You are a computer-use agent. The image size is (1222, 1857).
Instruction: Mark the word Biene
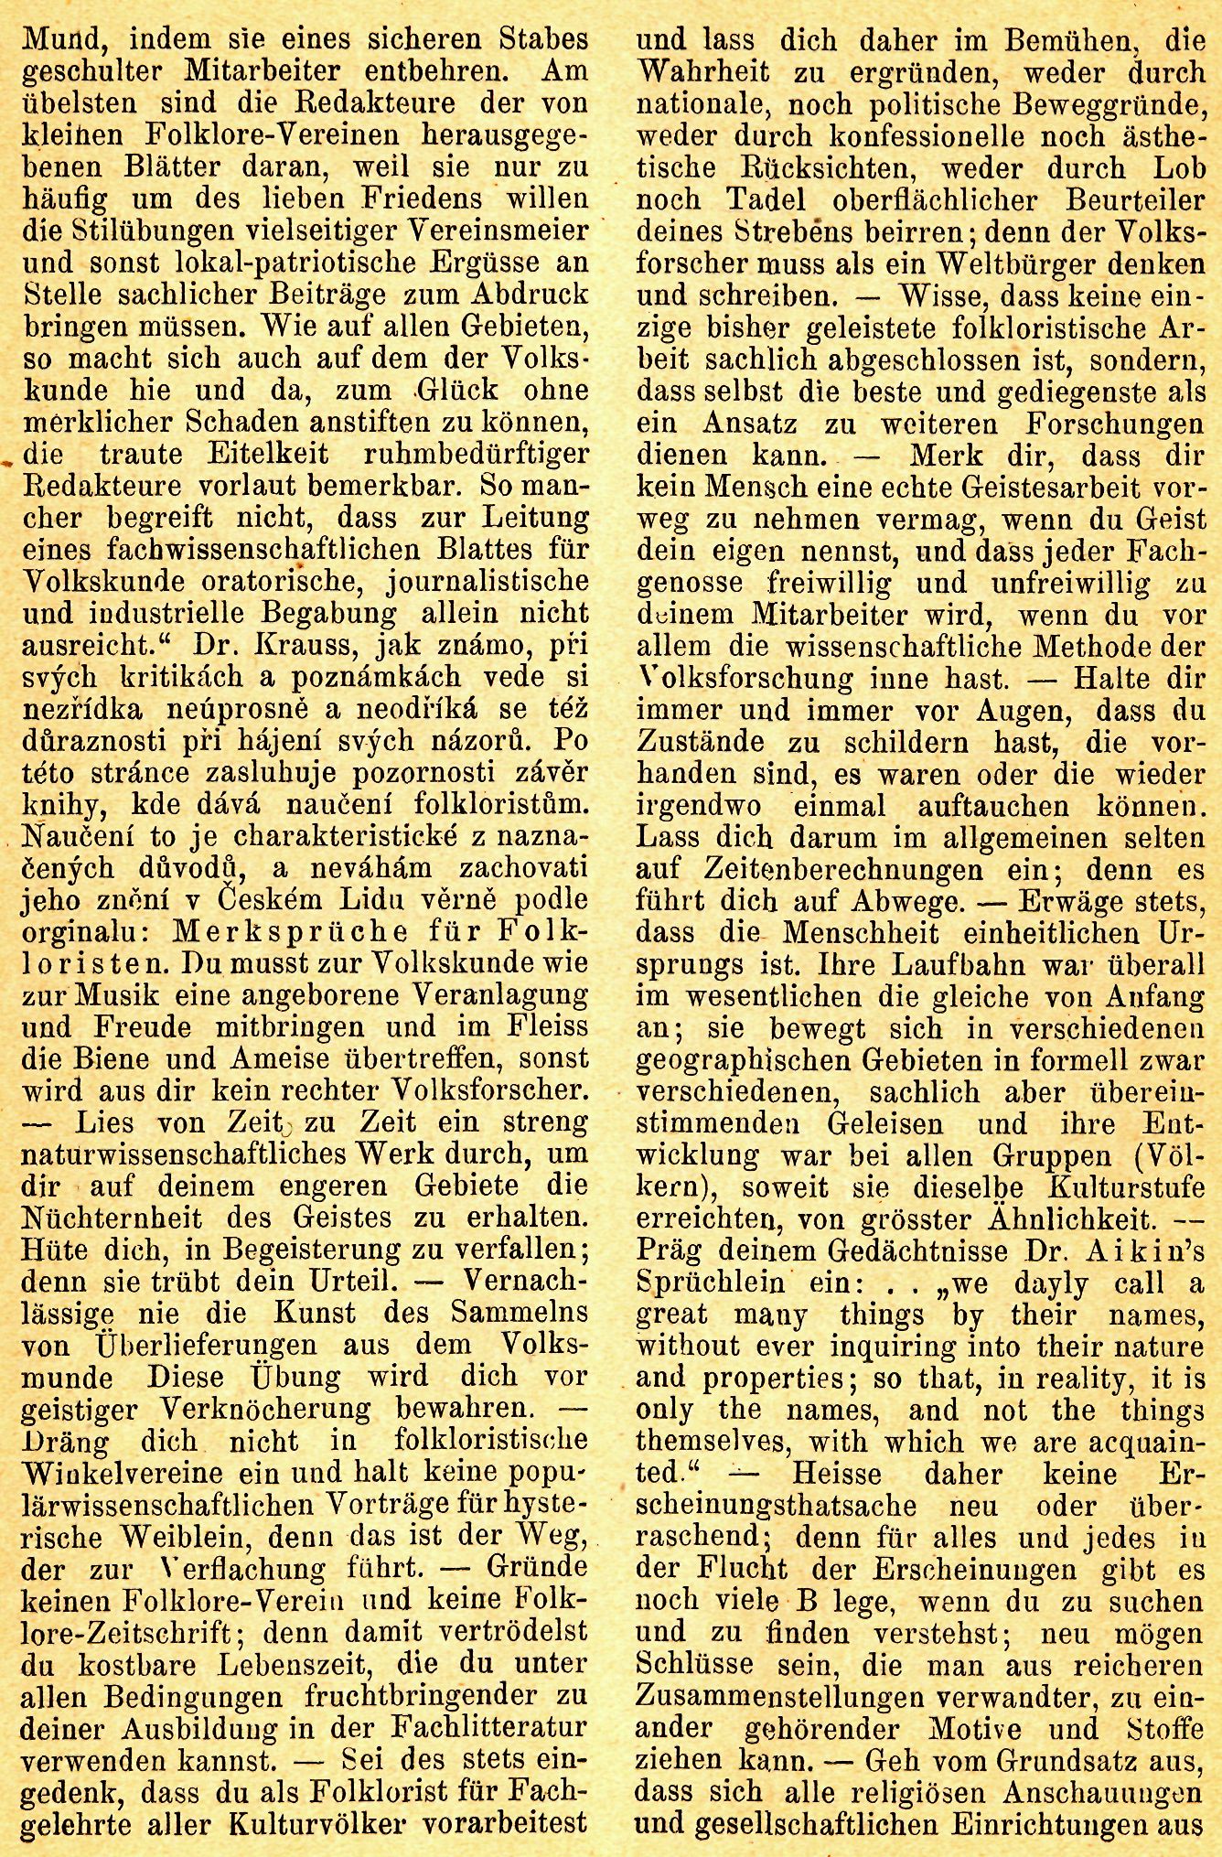pyautogui.click(x=134, y=1058)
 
